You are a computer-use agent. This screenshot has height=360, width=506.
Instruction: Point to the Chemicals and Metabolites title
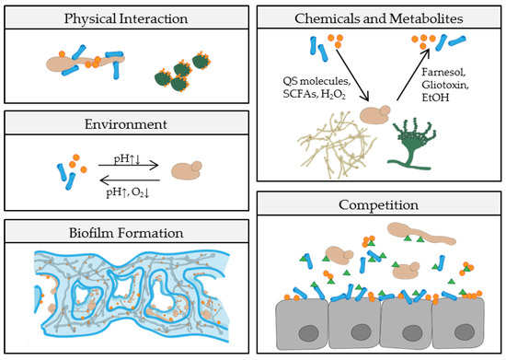[x=379, y=17]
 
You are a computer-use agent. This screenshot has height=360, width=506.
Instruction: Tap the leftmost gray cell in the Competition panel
[x=296, y=327]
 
